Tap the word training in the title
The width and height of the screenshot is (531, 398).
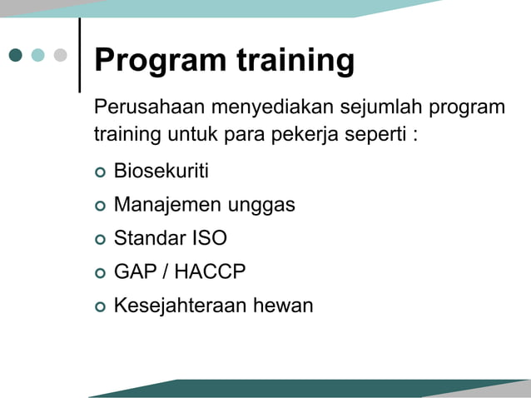click(295, 61)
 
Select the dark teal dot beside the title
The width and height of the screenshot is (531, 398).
click(16, 55)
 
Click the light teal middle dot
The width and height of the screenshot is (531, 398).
click(38, 55)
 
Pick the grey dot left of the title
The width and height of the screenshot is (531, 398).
click(60, 55)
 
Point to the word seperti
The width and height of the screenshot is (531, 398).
click(370, 134)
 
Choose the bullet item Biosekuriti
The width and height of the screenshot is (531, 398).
click(161, 172)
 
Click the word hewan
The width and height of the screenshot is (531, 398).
click(283, 306)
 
